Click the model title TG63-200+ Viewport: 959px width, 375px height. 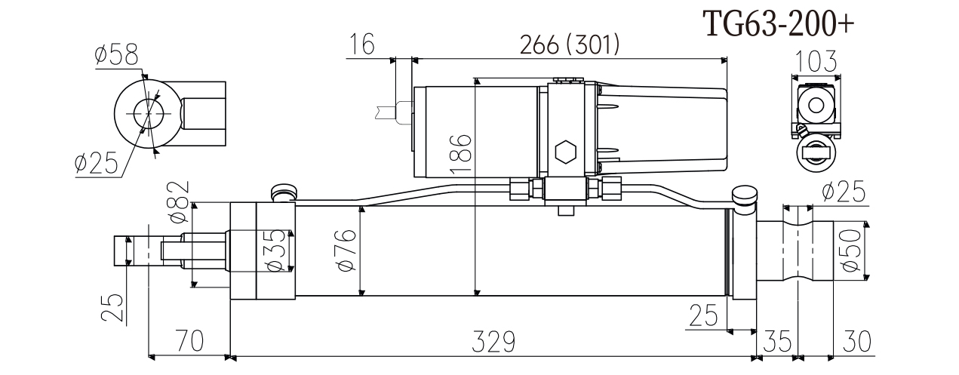(779, 24)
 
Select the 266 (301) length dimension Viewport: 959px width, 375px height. (570, 45)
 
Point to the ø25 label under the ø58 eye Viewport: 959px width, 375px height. (98, 163)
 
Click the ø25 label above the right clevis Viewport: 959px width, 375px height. (844, 192)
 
